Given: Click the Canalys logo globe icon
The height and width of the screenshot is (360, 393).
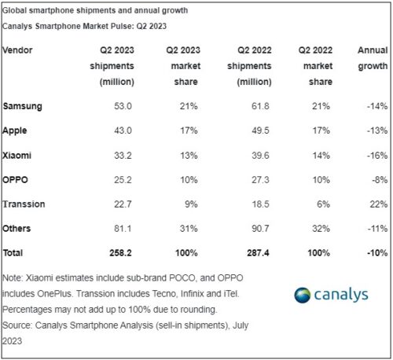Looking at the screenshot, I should (303, 296).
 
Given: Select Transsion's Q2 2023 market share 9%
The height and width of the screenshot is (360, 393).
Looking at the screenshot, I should (190, 204).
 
